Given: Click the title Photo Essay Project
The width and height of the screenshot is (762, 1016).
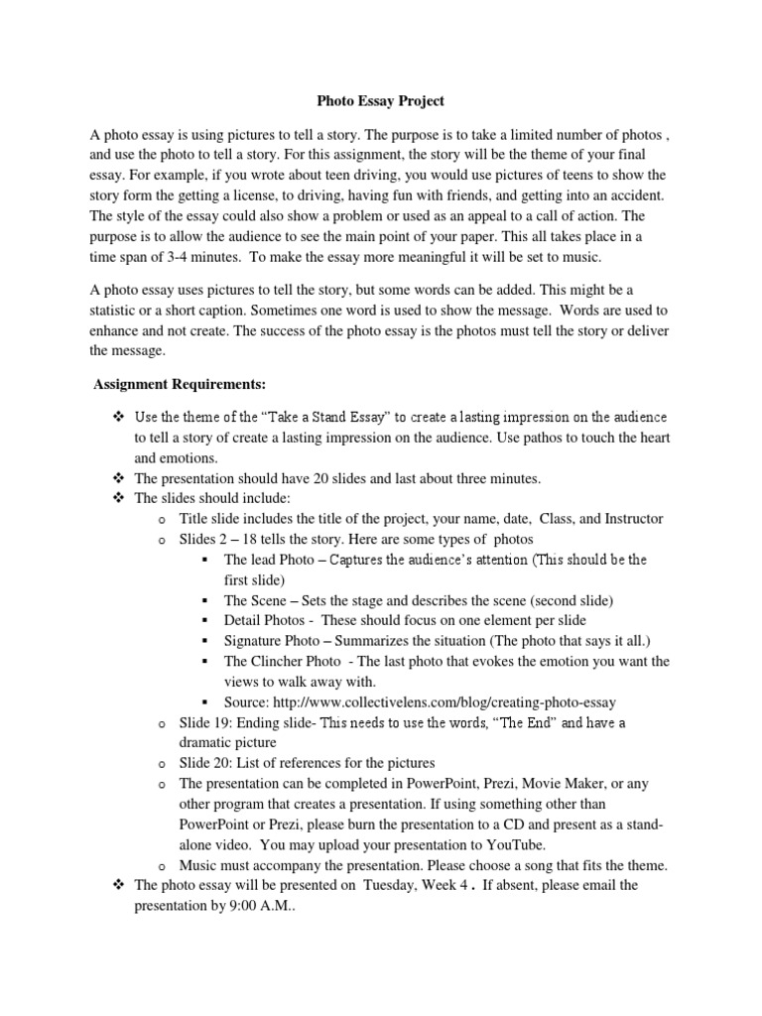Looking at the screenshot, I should tap(381, 100).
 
